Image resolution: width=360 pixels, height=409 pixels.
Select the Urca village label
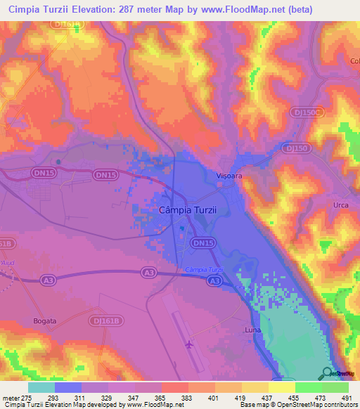pyautogui.click(x=341, y=204)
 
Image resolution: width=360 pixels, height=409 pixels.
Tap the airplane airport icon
pyautogui.click(x=188, y=344)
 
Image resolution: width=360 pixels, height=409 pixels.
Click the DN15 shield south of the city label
pyautogui.click(x=202, y=242)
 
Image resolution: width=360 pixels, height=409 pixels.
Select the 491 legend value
pyautogui.click(x=347, y=398)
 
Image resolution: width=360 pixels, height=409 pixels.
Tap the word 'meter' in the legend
pyautogui.click(x=12, y=398)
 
